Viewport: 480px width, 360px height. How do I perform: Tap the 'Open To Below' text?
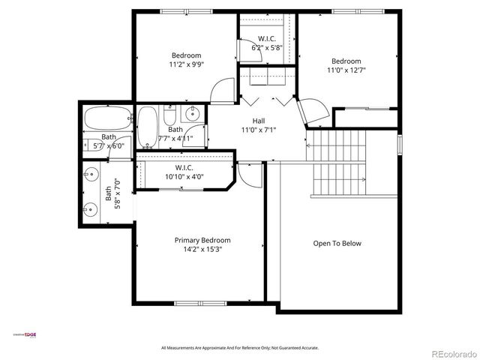click(x=337, y=243)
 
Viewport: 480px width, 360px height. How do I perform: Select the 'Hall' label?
click(x=259, y=120)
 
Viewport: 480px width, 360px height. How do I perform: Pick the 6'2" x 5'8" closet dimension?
click(x=266, y=47)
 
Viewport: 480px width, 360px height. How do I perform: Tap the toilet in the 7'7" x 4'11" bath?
click(x=169, y=118)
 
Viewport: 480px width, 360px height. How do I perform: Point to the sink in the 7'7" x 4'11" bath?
click(x=192, y=115)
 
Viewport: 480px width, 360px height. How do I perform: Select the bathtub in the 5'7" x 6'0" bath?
click(x=106, y=118)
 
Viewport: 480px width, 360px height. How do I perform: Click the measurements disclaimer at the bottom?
click(x=240, y=348)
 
